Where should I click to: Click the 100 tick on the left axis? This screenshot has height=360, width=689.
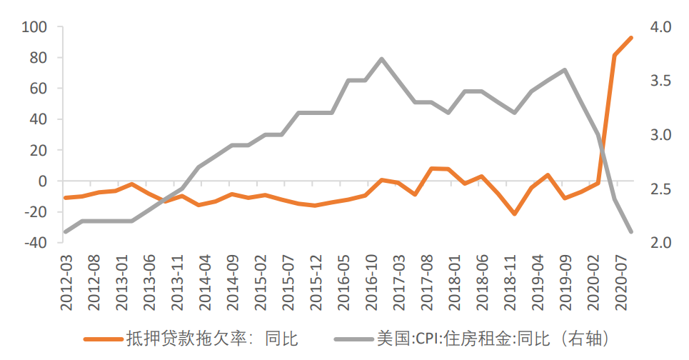click(x=34, y=27)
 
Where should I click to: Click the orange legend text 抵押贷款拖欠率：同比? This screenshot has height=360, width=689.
click(x=212, y=338)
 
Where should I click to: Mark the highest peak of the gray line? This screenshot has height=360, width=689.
click(x=382, y=59)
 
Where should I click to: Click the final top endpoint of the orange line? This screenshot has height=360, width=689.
click(x=631, y=38)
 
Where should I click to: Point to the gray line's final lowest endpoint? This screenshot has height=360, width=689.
click(x=631, y=231)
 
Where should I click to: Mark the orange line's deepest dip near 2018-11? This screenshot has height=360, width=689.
click(x=514, y=214)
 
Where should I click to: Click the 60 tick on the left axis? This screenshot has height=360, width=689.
click(x=37, y=89)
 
